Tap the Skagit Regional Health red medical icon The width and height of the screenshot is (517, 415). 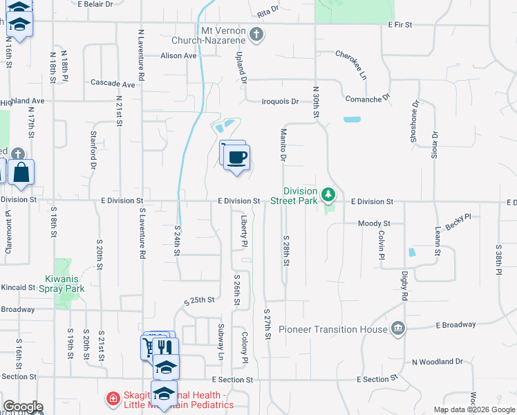(112, 399)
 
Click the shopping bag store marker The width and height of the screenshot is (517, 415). (21, 172)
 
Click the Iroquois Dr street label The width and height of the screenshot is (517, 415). (280, 102)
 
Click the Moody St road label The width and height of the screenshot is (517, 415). (374, 223)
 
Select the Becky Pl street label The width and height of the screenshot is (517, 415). (458, 222)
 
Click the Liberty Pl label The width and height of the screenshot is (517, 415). (244, 231)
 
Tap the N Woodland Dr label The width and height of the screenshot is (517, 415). (437, 362)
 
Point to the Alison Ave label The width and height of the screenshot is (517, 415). (179, 56)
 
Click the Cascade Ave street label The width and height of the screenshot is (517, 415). (113, 83)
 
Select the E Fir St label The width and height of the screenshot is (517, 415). (399, 24)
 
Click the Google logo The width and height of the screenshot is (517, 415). (23, 407)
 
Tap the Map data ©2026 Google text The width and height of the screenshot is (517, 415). (473, 409)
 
